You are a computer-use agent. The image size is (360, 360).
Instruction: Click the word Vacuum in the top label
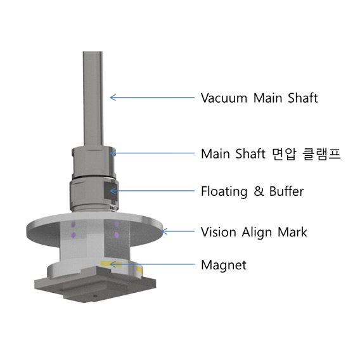224,98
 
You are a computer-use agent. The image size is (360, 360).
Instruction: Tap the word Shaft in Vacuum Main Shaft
303,98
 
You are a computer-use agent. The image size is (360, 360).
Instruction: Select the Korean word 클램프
322,153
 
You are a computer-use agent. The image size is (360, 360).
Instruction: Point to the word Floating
224,191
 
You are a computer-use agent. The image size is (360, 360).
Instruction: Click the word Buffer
286,191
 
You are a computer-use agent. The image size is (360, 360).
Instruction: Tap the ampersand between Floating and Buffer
259,191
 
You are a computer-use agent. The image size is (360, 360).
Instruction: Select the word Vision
219,232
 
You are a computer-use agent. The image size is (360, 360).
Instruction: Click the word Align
257,233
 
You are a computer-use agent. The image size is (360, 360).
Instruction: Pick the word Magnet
224,265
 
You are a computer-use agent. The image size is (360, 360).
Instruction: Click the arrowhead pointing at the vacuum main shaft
113,98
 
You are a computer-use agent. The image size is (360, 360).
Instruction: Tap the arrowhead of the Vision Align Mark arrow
165,231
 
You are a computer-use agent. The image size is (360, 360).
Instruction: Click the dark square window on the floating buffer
110,191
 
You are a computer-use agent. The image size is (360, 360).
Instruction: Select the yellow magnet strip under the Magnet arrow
111,264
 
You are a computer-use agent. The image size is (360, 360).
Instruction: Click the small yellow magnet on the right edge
139,270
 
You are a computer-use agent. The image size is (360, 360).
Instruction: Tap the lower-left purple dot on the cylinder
74,235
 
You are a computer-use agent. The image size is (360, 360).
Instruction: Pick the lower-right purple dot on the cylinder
117,235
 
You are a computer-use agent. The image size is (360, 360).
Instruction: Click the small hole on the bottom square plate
94,296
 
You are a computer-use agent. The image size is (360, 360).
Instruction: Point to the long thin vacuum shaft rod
93,99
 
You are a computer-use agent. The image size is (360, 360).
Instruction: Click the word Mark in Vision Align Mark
292,232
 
